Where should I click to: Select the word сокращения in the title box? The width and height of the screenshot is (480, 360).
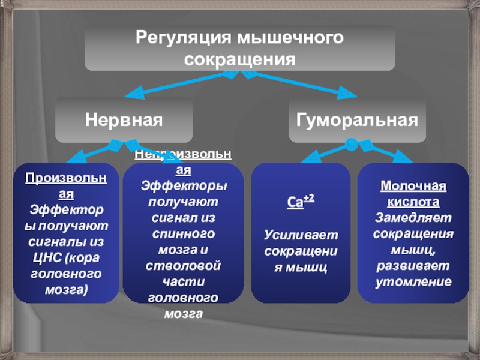[x=240, y=60]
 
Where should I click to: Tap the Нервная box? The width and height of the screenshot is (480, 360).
[x=124, y=120]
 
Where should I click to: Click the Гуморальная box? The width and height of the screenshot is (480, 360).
[x=357, y=120]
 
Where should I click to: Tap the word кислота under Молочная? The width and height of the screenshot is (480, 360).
[x=413, y=202]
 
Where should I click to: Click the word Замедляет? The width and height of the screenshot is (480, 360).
[x=413, y=218]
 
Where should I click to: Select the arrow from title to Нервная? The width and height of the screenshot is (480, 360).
[x=180, y=84]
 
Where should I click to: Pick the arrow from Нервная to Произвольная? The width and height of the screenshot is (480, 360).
[x=90, y=152]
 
